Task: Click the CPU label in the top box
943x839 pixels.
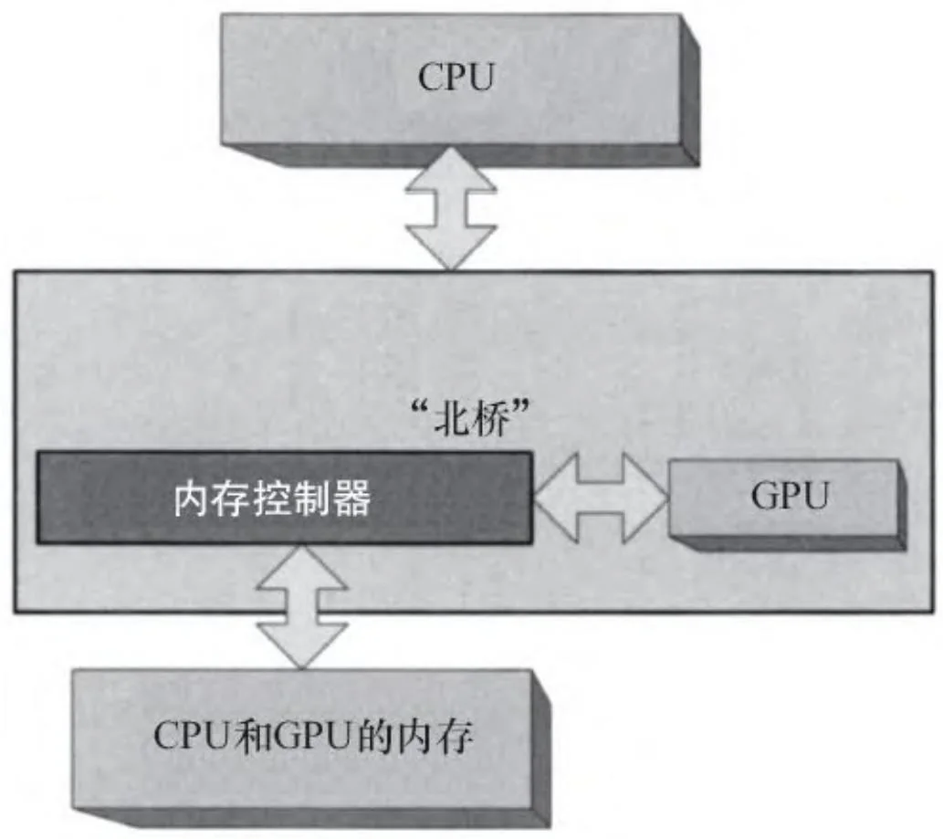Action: click(455, 78)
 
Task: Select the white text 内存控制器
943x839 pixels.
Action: click(272, 499)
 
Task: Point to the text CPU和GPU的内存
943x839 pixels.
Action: click(314, 737)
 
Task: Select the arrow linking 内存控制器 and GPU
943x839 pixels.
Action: click(601, 498)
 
